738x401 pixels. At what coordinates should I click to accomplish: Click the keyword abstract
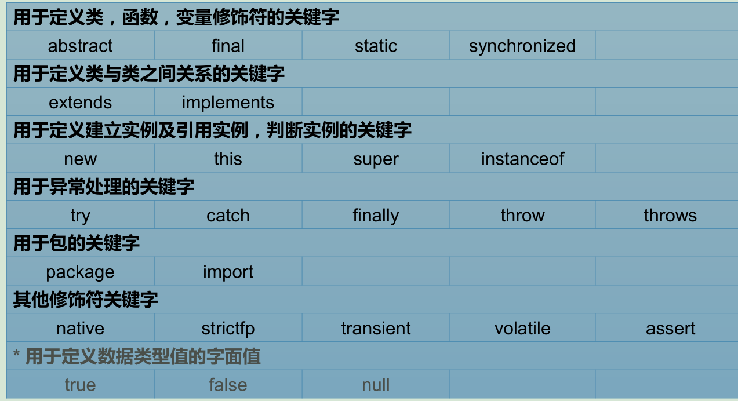(80, 46)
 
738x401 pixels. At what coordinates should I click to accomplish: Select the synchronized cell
(522, 46)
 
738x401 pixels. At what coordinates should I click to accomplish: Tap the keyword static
(376, 46)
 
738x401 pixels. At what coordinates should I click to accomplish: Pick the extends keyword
(80, 103)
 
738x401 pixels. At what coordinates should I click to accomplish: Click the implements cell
(228, 103)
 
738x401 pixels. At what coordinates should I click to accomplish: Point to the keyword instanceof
(522, 159)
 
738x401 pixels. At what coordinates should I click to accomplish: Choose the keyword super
(376, 159)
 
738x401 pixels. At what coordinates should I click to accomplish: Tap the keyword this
(228, 159)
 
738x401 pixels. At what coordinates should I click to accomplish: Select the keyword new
(80, 159)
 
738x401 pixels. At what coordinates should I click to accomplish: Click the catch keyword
(228, 216)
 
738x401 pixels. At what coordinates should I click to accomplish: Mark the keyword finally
(376, 216)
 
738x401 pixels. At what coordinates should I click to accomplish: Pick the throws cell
(670, 216)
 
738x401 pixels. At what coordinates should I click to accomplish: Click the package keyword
(80, 272)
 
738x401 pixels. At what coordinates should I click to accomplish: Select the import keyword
(228, 272)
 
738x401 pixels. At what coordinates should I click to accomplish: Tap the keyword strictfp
(228, 329)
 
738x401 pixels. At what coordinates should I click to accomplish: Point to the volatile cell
(522, 329)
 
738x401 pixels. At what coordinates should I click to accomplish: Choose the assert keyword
(670, 329)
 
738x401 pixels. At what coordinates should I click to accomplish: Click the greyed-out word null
(376, 385)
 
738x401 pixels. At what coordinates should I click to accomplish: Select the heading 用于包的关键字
(77, 243)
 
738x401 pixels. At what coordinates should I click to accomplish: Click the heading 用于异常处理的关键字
(104, 187)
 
